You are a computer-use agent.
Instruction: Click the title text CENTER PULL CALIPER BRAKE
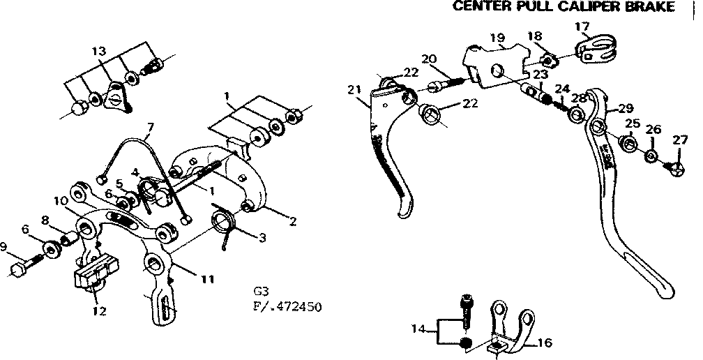(564, 7)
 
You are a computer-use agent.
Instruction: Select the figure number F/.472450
(287, 306)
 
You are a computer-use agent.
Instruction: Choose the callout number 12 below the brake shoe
(99, 311)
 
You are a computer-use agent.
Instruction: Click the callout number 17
(582, 27)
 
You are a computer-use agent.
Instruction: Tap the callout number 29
(626, 108)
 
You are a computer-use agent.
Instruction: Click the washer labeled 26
(651, 156)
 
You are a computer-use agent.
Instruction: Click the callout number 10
(61, 201)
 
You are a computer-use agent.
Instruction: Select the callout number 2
(294, 223)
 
